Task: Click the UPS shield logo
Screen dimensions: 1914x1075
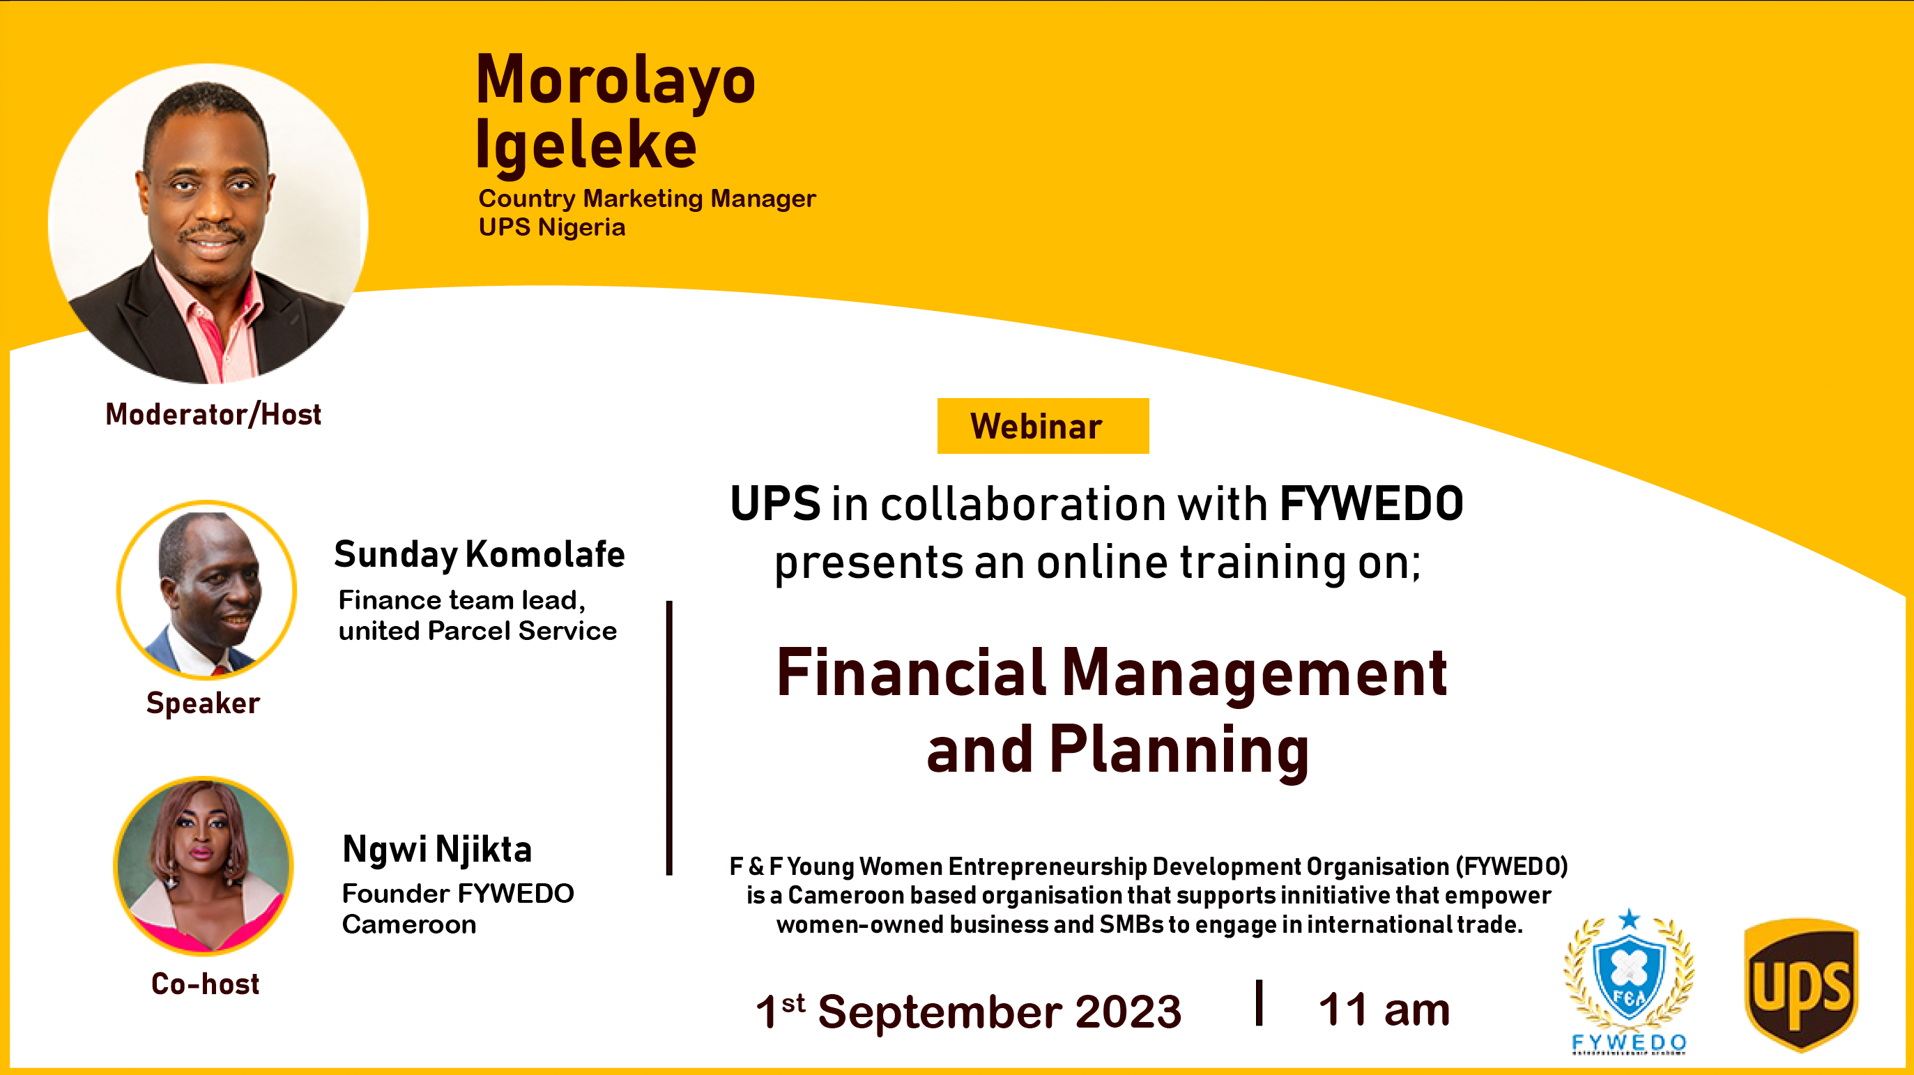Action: point(1800,984)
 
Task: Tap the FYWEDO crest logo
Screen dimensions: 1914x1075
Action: point(1630,981)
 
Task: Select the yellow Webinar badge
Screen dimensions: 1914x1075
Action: point(1043,426)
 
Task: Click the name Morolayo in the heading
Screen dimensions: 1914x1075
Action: point(615,80)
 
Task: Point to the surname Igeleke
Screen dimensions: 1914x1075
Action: point(585,146)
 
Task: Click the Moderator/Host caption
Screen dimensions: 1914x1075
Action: point(213,414)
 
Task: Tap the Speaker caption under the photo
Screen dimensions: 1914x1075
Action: point(203,703)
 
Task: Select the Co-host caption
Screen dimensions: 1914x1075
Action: point(205,984)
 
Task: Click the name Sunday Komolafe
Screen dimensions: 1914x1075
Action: point(480,555)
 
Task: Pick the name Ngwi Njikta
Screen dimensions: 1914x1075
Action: point(437,850)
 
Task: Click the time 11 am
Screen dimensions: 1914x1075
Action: point(1384,1009)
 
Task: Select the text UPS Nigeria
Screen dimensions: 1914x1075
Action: point(552,227)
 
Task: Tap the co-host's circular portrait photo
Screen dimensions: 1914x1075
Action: point(204,865)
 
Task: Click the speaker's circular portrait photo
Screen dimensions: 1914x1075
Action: point(206,590)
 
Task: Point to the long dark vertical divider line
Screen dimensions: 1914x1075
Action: point(668,738)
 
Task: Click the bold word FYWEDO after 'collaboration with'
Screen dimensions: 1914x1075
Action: point(1371,504)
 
